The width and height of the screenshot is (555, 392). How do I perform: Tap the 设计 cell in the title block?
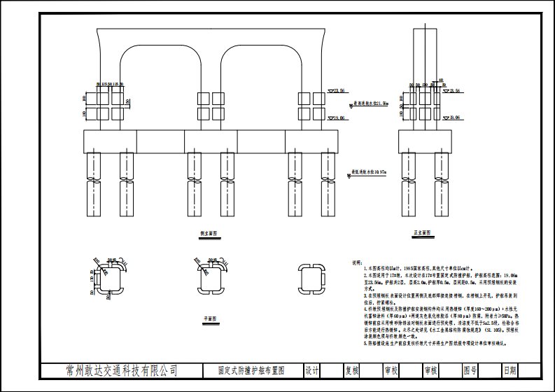pyautogui.click(x=312, y=370)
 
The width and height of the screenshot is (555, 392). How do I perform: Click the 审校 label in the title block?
pyautogui.click(x=391, y=370)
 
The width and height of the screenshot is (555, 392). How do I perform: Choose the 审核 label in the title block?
pyautogui.click(x=430, y=370)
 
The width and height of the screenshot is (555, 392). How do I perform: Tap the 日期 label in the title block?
pyautogui.click(x=509, y=370)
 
